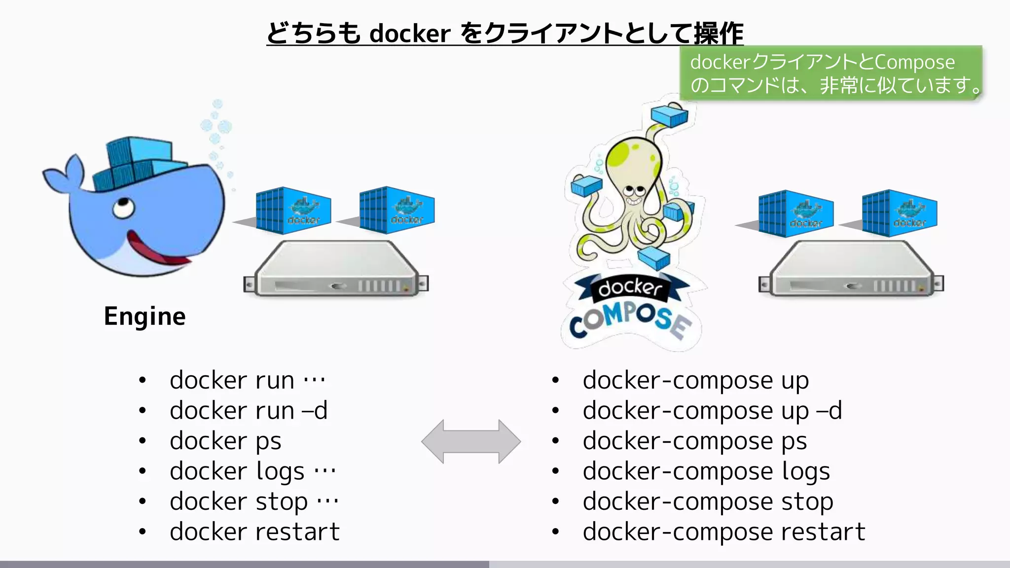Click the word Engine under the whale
(144, 316)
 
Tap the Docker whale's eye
(122, 207)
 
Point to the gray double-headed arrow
(471, 441)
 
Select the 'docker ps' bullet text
(225, 441)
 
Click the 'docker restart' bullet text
(254, 532)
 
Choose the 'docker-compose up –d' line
(712, 411)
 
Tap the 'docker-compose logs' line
(706, 471)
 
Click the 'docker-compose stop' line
(708, 502)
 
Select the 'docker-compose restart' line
(724, 532)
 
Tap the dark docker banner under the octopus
(630, 287)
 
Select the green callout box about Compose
(831, 73)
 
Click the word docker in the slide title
(410, 34)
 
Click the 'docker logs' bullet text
(237, 471)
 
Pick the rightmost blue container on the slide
(900, 213)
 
